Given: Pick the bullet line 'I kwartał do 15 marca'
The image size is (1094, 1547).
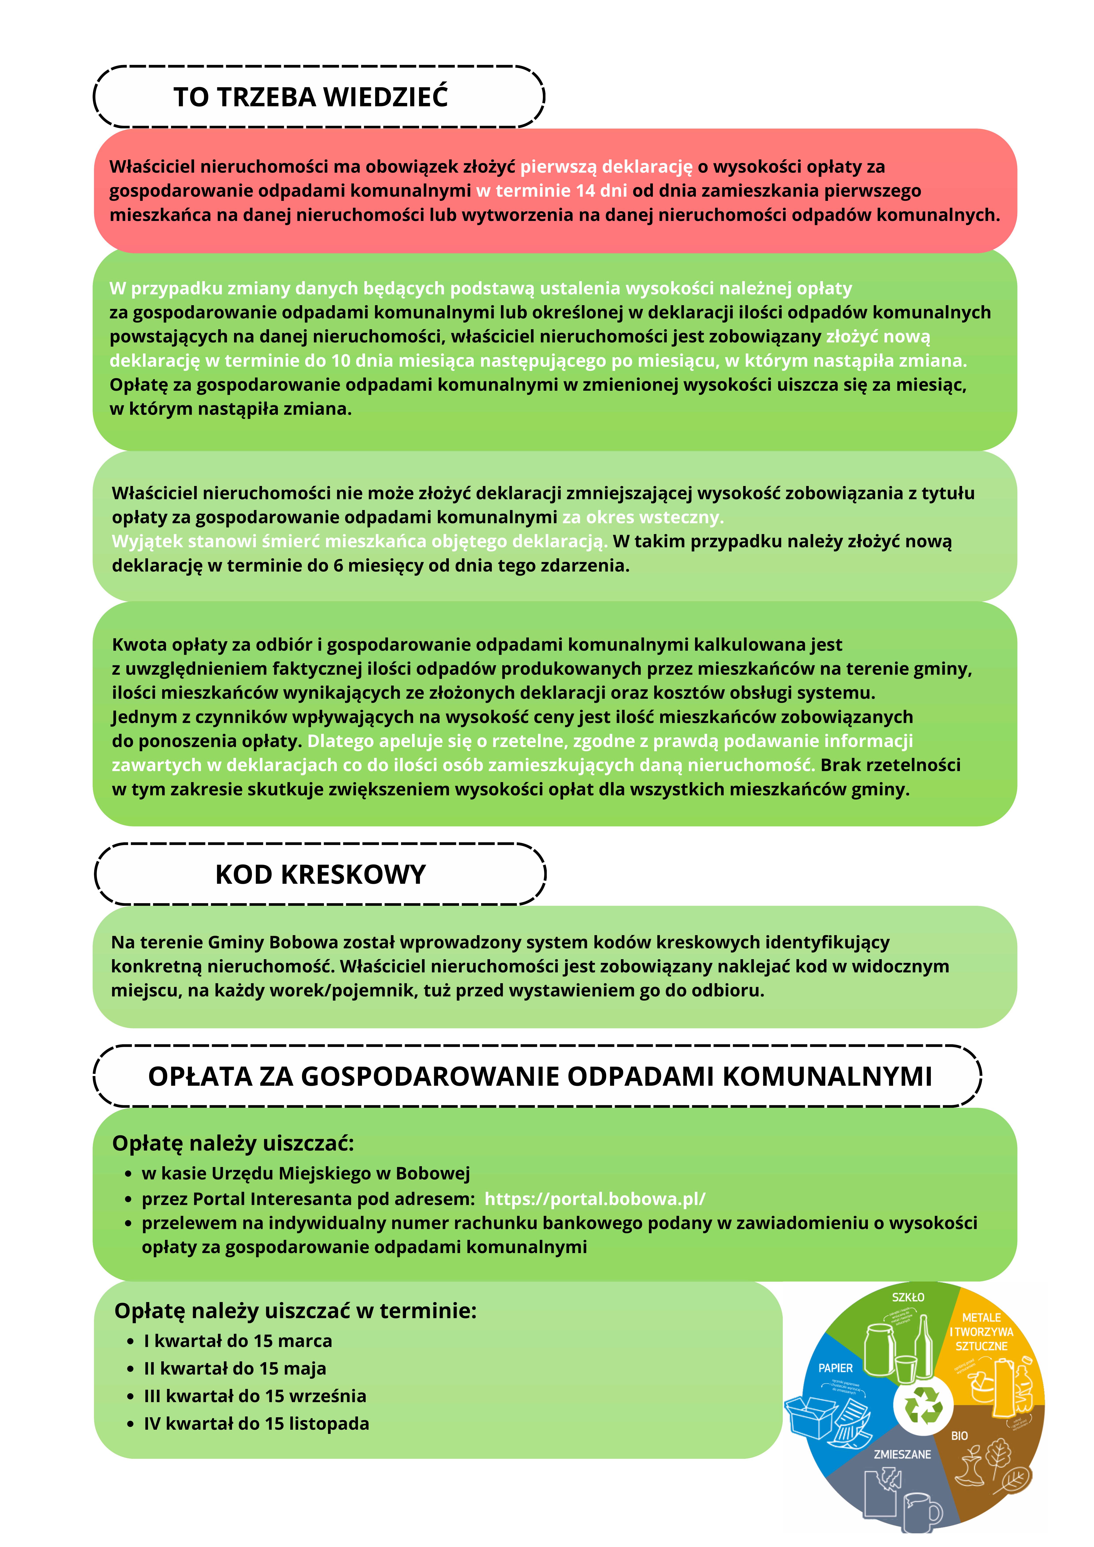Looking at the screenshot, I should click(238, 1341).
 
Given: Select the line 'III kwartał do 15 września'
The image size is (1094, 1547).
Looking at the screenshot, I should click(255, 1396).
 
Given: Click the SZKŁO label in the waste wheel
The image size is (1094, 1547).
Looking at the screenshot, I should click(908, 1297).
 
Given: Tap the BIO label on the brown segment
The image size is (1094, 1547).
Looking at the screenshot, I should click(959, 1436).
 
